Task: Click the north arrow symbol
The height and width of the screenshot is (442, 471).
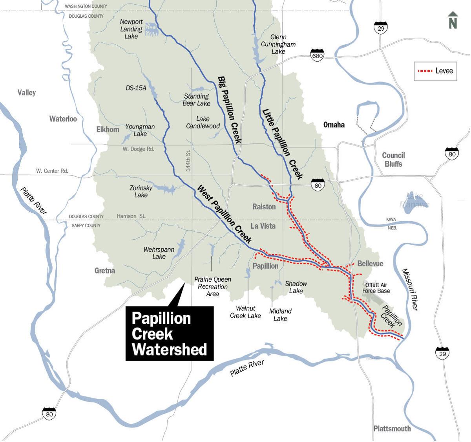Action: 453,20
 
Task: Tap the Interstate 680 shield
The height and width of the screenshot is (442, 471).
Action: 317,55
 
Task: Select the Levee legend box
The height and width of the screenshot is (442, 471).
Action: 435,71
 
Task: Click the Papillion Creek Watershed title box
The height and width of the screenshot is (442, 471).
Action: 170,334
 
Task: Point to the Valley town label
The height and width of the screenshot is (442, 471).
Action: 27,93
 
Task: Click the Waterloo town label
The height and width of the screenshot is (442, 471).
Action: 63,119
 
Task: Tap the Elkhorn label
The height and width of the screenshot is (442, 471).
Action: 108,129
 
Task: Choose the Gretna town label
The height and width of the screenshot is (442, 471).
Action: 105,271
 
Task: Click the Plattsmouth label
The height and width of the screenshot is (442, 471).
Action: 392,429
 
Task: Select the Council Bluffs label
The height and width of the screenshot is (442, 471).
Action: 393,160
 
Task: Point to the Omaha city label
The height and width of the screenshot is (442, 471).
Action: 334,125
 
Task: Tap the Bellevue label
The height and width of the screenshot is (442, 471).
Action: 370,264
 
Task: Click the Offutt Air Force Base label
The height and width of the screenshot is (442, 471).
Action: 376,288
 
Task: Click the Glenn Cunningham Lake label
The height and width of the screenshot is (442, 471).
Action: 278,44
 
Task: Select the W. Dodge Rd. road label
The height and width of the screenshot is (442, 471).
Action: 138,149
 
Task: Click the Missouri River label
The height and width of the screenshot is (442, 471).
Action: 410,289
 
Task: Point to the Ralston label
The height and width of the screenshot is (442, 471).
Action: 264,207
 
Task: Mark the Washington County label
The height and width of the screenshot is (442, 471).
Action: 86,6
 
